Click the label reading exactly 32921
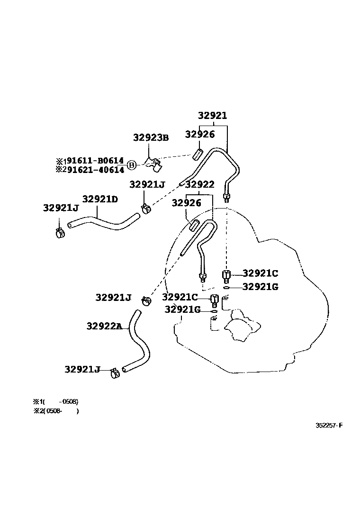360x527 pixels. point(212,116)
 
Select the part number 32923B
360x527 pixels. point(151,138)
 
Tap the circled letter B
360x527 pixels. point(132,165)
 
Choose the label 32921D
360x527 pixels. point(100,199)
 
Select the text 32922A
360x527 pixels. point(104,326)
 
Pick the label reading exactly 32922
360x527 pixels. point(199,185)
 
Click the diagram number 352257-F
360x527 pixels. point(329,425)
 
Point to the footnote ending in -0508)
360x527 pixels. point(55,401)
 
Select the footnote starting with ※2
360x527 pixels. point(56,411)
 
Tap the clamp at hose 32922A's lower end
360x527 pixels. point(115,373)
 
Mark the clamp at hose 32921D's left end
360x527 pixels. point(60,232)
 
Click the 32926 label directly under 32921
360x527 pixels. point(199,135)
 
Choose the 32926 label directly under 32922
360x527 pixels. point(186,203)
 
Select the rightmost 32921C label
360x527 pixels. point(260,273)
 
